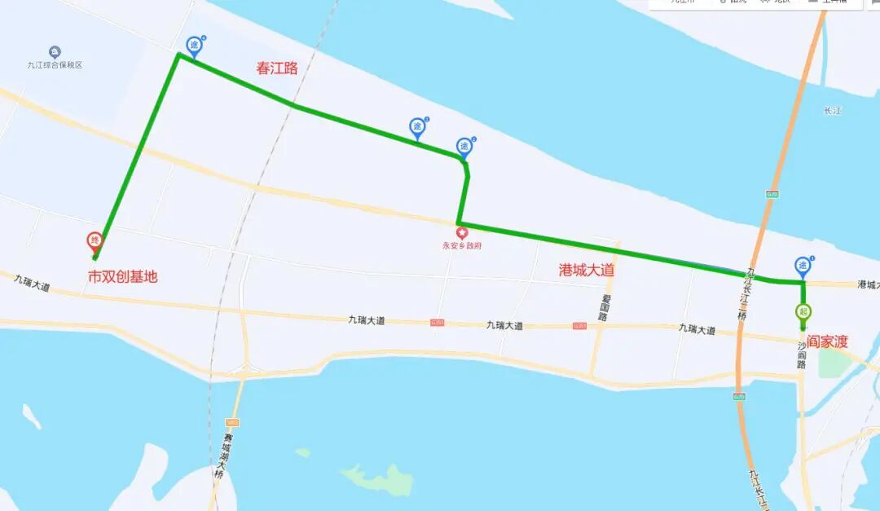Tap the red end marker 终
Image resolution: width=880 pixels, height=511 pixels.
[x=95, y=241]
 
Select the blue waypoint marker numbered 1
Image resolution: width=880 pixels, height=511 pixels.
[x=803, y=266]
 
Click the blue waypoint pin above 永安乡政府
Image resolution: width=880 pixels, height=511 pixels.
[x=464, y=147]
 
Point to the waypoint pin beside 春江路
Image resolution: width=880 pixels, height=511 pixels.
[x=193, y=45]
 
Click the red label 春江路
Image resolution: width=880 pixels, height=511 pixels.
[x=277, y=68]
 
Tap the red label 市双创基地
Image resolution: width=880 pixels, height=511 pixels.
[x=122, y=277]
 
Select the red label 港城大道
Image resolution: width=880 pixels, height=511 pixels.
[x=586, y=270]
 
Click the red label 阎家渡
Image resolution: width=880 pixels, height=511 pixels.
[x=827, y=341]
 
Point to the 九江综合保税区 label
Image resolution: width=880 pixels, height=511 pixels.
[x=55, y=65]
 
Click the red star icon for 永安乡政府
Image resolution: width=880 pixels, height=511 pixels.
[x=463, y=234]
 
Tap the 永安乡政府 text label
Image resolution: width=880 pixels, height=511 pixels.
[x=462, y=245]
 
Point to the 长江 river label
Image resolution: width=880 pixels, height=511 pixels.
[x=832, y=111]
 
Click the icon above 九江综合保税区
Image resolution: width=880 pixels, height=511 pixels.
[x=55, y=52]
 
